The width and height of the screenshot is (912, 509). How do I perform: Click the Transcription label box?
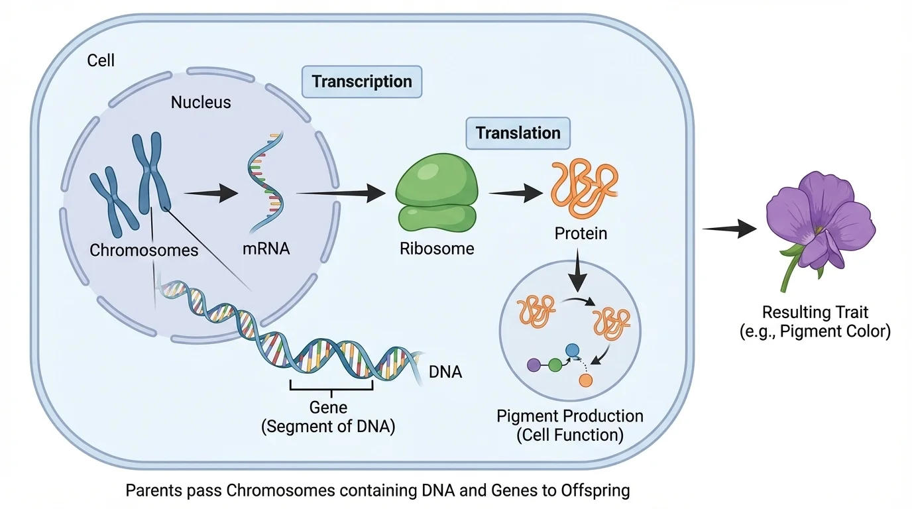(362, 82)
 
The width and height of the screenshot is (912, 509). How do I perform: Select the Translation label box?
(518, 133)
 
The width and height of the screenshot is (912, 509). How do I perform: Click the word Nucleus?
(201, 103)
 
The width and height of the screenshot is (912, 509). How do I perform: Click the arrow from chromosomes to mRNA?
(211, 193)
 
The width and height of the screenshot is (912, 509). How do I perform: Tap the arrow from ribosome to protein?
(514, 194)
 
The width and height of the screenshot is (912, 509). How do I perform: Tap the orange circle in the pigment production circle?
(585, 380)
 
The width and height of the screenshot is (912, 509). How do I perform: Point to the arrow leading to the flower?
(729, 229)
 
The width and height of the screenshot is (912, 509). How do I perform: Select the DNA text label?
(445, 372)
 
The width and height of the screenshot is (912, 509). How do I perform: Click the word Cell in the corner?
(101, 60)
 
